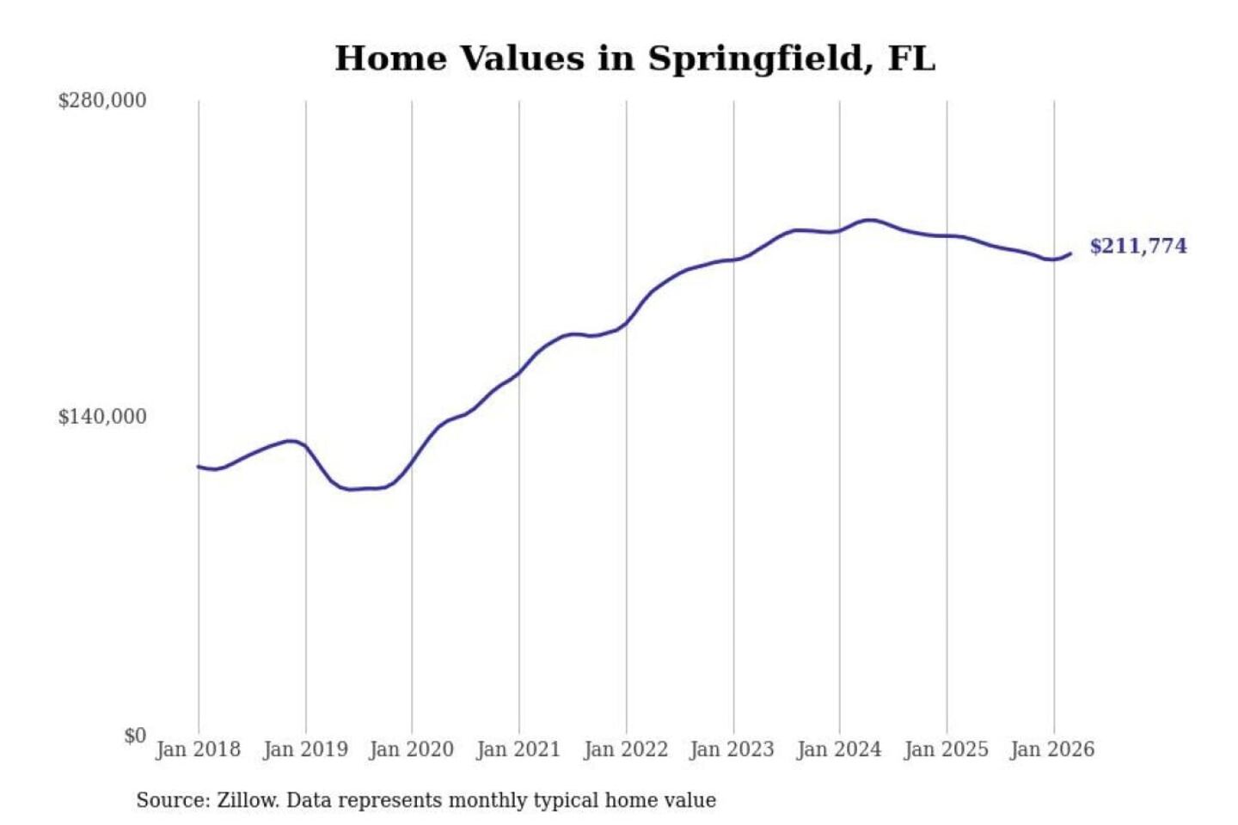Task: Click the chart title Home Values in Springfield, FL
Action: [x=634, y=58]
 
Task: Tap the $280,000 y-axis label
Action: [x=102, y=101]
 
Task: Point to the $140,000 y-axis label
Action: [x=102, y=417]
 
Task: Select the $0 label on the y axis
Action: [x=135, y=736]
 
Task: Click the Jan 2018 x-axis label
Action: [x=198, y=749]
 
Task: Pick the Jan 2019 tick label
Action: [x=305, y=749]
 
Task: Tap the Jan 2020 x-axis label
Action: [x=411, y=749]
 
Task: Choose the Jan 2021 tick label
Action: [x=518, y=749]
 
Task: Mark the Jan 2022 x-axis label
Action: [x=626, y=749]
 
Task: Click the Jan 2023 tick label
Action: [x=732, y=749]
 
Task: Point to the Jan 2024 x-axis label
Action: [x=839, y=749]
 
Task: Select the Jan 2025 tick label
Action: [x=947, y=749]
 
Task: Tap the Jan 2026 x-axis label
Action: [x=1053, y=749]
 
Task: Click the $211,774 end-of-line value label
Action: [x=1138, y=247]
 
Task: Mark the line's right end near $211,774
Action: [x=1070, y=254]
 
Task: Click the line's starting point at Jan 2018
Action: [x=199, y=467]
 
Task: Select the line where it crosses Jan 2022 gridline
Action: [x=626, y=324]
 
